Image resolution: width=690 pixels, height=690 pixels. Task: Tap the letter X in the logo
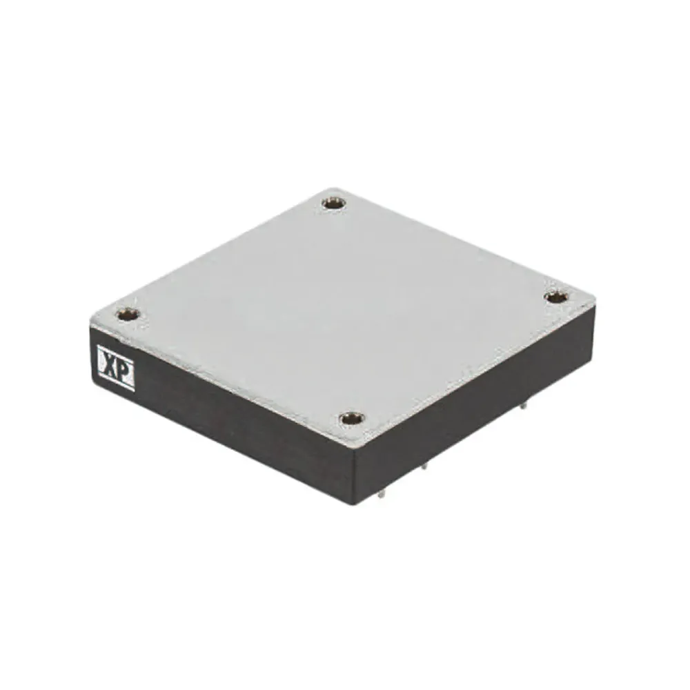[x=109, y=365]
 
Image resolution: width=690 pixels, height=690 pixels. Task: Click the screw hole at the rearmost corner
[x=334, y=203]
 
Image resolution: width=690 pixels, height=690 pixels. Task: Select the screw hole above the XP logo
[x=127, y=315]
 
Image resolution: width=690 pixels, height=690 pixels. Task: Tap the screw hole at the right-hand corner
[x=556, y=297]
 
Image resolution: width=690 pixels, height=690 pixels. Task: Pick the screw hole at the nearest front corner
[x=351, y=418]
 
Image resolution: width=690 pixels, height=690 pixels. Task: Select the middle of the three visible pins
[x=424, y=466]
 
